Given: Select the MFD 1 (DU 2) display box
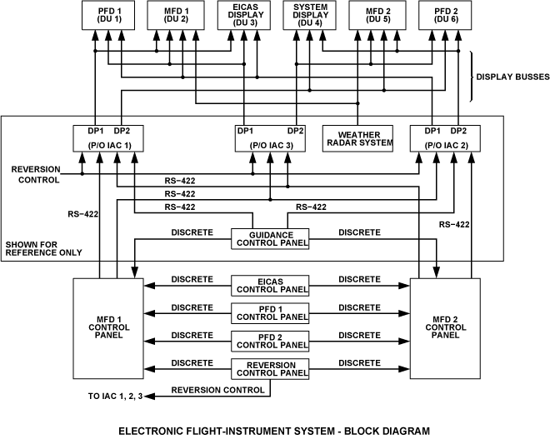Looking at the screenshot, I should (175, 14).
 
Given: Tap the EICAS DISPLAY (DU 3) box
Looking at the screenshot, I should (243, 14).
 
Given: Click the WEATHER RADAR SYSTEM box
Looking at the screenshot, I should (358, 137).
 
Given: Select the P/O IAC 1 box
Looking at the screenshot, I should (110, 138).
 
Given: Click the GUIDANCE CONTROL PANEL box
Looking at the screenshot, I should (270, 238).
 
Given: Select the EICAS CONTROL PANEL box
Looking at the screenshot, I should (270, 285).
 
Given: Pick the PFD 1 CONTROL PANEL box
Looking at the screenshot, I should (270, 312).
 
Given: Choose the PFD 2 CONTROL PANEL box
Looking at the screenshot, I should (270, 340).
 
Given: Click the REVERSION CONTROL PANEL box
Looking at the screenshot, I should (270, 368).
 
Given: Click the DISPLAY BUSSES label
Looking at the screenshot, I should (512, 77).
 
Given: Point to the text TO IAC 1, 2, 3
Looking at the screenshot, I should (116, 396).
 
